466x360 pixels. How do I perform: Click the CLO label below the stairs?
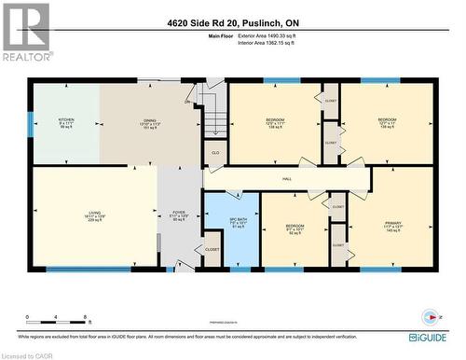215,153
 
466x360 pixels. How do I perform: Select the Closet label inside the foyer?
212,249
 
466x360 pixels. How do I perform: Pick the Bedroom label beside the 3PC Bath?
295,228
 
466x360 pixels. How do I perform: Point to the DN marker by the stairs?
187,101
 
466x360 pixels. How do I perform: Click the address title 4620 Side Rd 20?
232,21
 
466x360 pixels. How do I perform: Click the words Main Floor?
222,35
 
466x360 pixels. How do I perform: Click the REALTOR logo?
26,34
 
